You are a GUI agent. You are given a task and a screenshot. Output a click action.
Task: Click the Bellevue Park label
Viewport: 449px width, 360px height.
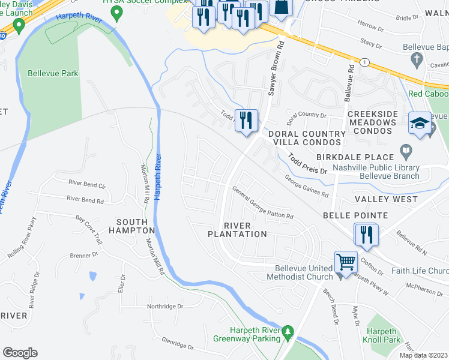pos(53,74)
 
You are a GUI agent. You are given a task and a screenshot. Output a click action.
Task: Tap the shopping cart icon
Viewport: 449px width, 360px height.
pos(346,262)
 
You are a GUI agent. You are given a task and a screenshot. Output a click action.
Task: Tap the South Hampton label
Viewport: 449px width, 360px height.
pos(132,226)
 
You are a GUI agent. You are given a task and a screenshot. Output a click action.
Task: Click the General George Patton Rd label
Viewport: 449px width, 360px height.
pos(263,203)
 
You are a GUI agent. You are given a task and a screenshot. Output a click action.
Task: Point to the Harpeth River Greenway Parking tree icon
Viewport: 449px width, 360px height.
pos(288,331)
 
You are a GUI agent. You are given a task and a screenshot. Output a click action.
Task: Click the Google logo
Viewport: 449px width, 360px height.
pos(20,353)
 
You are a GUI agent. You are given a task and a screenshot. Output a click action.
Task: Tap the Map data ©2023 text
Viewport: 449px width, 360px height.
pos(423,355)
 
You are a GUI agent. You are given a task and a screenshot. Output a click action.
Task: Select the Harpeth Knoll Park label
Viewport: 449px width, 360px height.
pos(383,335)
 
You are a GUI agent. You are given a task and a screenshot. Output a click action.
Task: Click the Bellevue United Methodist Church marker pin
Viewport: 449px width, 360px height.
pos(342,275)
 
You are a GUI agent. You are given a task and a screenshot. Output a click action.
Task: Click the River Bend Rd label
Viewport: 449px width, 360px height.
pos(85,198)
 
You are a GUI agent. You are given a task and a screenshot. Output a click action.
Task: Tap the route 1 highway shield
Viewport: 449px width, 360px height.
pos(364,62)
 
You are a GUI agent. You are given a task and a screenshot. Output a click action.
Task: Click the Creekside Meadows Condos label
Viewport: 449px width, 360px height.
pos(372,118)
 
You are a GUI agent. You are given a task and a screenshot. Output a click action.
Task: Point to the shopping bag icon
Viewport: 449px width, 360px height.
pos(280,8)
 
